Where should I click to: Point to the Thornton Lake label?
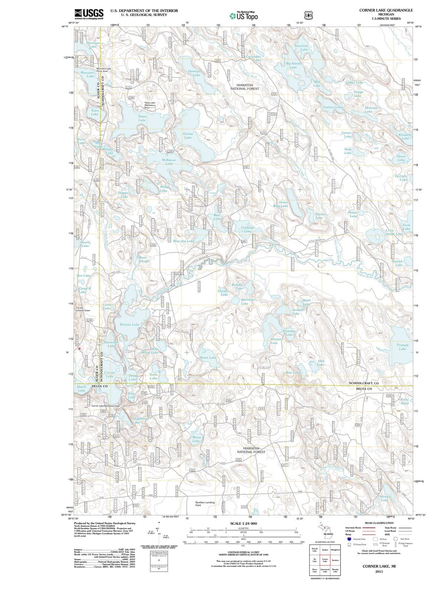tap(93, 45)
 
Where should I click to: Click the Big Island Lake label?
tap(293, 65)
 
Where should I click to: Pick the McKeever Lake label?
tap(169, 162)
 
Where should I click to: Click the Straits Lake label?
tap(130, 325)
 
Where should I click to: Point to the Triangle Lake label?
tap(402, 347)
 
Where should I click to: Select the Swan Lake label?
tap(208, 357)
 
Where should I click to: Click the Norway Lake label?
tap(385, 498)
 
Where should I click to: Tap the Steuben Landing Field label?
tap(205, 504)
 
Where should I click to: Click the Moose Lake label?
tap(196, 439)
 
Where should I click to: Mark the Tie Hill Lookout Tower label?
tap(83, 309)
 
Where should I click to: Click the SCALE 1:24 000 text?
tap(243, 524)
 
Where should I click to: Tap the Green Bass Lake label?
tap(281, 204)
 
